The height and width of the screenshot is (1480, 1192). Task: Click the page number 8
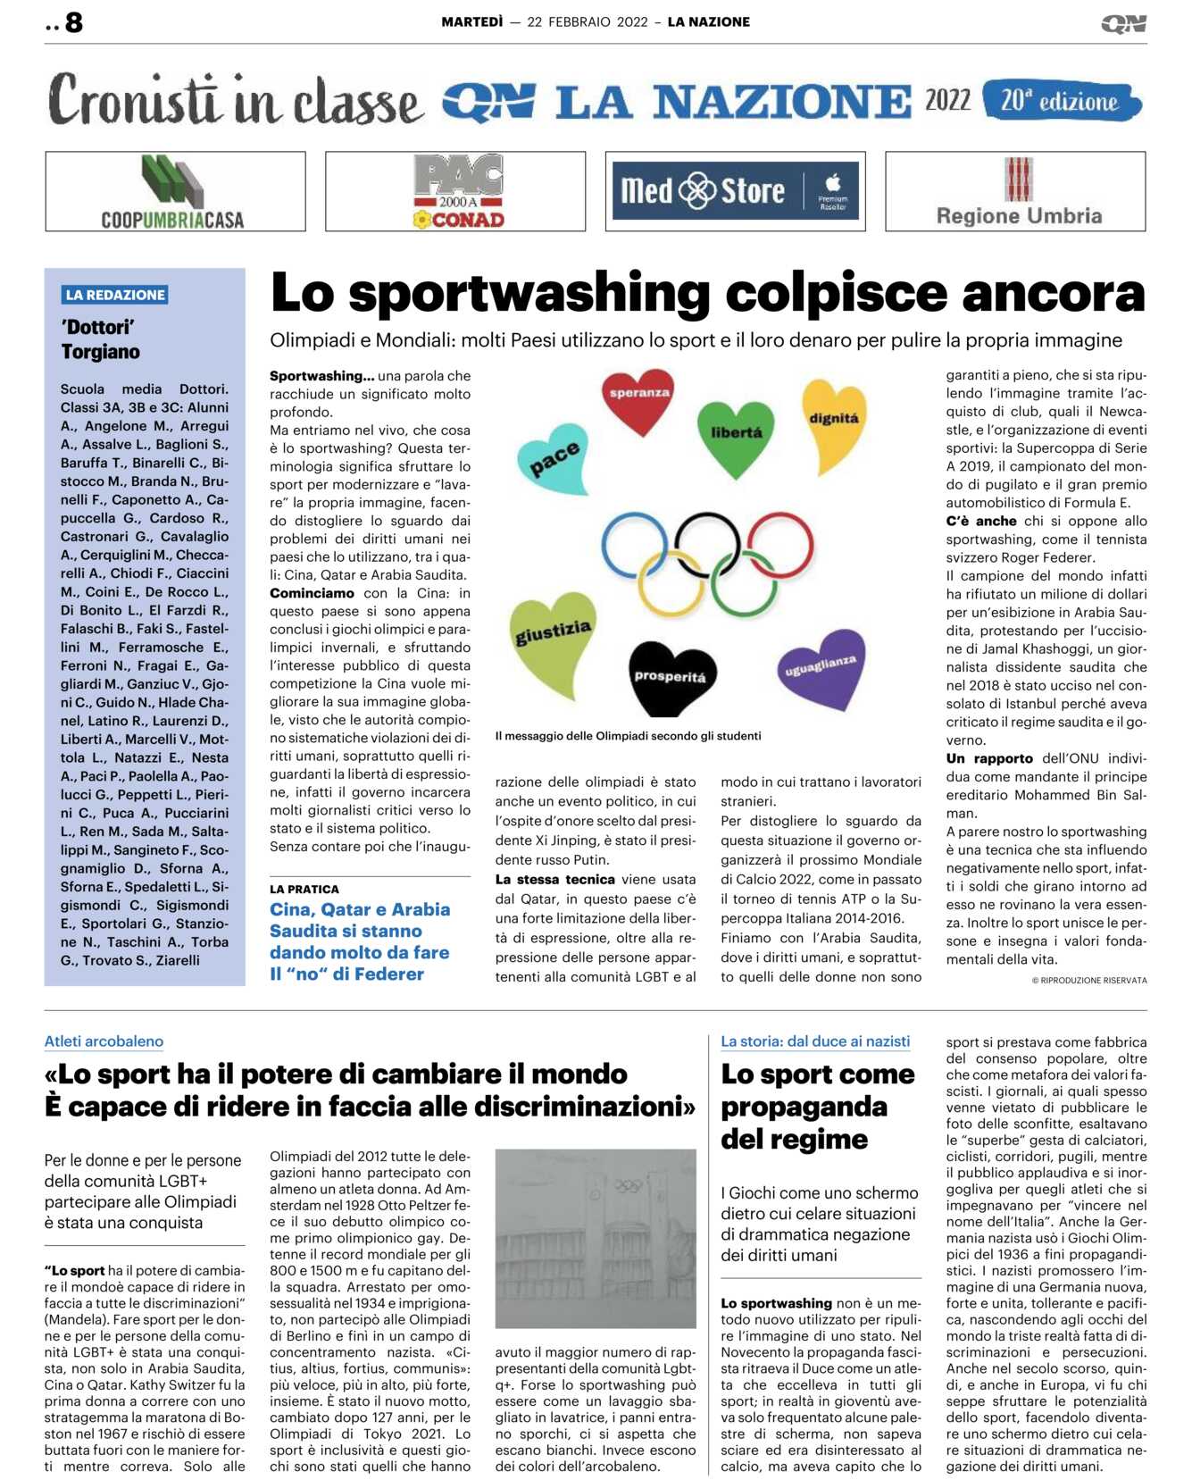(x=73, y=22)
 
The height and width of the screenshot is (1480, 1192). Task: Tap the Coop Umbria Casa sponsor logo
(x=175, y=191)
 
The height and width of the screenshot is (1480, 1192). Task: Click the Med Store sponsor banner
(x=735, y=191)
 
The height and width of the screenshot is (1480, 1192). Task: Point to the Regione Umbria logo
(x=1018, y=191)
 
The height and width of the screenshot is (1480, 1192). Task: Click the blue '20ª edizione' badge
(x=1061, y=101)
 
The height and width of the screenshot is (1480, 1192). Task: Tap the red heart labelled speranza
(x=638, y=397)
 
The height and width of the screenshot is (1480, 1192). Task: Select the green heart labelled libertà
(x=736, y=434)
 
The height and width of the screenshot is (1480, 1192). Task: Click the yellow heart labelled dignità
(x=834, y=422)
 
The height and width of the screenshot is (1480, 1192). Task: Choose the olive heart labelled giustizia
(x=553, y=639)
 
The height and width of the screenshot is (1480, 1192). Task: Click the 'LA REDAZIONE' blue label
(x=116, y=295)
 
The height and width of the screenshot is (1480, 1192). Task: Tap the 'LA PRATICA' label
(x=304, y=889)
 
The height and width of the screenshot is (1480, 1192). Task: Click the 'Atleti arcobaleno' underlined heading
(x=104, y=1041)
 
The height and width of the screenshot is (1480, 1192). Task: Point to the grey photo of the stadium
(x=595, y=1237)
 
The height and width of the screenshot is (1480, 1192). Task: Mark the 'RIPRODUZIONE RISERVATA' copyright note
(x=1089, y=980)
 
